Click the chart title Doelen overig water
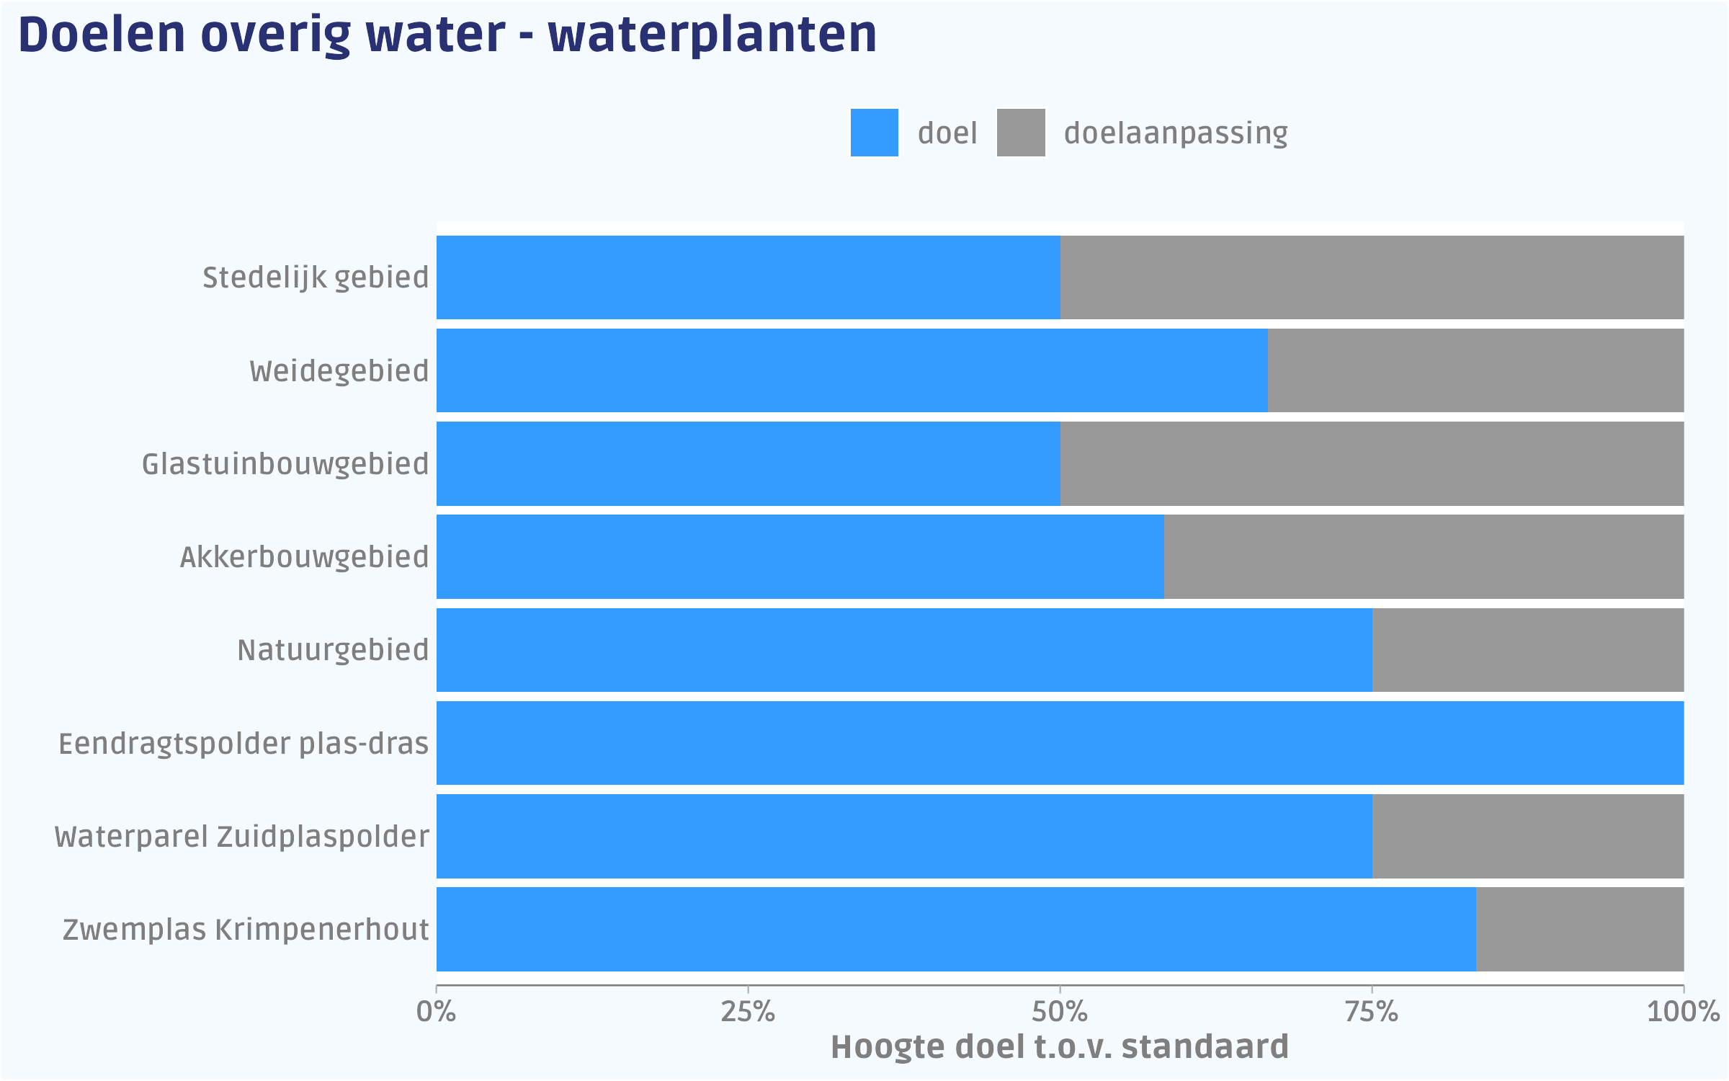447,35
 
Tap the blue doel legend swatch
874,133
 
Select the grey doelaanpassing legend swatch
1021,133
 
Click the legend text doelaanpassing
1176,133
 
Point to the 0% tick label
437,1012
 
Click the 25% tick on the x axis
748,1012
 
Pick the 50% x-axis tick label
1060,1012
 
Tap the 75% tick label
1372,1012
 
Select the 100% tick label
1683,1012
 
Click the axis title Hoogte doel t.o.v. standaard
1060,1047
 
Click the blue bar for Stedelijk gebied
748,277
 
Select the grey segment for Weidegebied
1475,370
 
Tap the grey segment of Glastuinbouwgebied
1372,463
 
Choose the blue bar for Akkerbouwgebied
800,556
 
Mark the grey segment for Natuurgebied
1528,650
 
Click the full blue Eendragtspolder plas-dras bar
1060,743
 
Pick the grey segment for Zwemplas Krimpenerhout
1580,930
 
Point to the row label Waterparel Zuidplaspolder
242,837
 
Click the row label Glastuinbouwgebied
285,464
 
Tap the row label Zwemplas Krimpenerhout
246,930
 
